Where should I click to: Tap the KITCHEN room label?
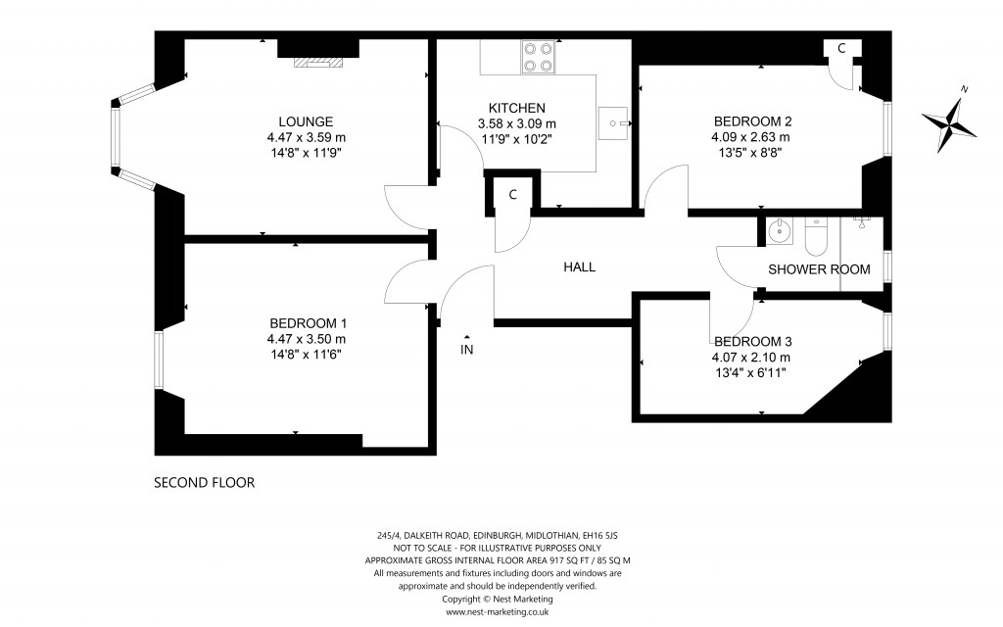click(x=516, y=108)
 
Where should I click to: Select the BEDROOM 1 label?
click(x=308, y=323)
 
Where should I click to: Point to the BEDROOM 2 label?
click(x=751, y=121)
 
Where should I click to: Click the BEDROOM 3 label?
click(x=751, y=341)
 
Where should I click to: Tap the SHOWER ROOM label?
click(x=819, y=269)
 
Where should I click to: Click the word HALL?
click(x=579, y=267)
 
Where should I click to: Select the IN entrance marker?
click(x=467, y=348)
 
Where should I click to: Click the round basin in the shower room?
click(x=781, y=233)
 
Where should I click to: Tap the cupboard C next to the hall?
click(x=512, y=194)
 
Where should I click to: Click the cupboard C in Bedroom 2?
click(x=841, y=48)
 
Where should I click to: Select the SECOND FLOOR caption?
click(x=204, y=483)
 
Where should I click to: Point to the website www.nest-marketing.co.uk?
click(x=498, y=611)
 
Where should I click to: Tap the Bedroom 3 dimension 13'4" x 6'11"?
click(x=751, y=372)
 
